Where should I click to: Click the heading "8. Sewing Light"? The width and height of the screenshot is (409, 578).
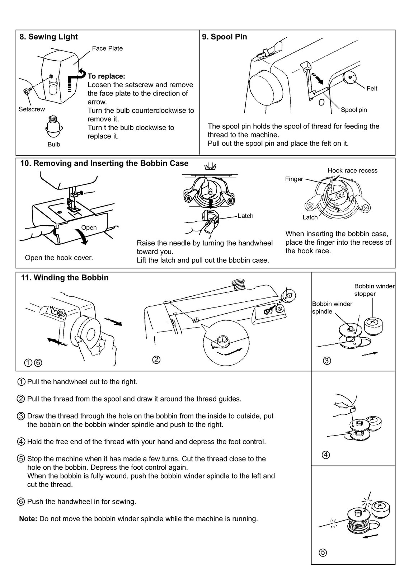[x=48, y=37]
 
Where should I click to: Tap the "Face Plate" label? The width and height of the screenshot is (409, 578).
[x=107, y=48]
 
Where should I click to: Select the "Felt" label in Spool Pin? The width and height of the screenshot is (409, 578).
[x=372, y=89]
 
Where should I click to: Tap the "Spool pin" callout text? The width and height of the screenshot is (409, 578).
[x=354, y=110]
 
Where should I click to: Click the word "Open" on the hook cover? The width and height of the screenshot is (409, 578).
[x=89, y=227]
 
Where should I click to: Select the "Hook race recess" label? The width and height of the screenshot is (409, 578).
[x=352, y=170]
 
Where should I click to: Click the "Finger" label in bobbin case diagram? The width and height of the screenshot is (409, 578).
[x=294, y=179]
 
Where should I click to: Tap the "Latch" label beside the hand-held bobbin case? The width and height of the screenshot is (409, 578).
[x=245, y=216]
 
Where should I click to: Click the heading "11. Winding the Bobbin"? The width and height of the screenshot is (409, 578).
[x=65, y=278]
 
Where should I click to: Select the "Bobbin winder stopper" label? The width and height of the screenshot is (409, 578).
[x=374, y=290]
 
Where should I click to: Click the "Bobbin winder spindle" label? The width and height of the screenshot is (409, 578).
[x=332, y=307]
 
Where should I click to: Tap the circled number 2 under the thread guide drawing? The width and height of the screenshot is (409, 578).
[x=156, y=359]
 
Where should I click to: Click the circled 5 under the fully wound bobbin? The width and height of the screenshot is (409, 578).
[x=322, y=553]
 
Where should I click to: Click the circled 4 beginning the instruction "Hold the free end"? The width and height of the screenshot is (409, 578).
[x=21, y=442]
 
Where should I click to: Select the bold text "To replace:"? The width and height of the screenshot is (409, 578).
[x=106, y=76]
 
